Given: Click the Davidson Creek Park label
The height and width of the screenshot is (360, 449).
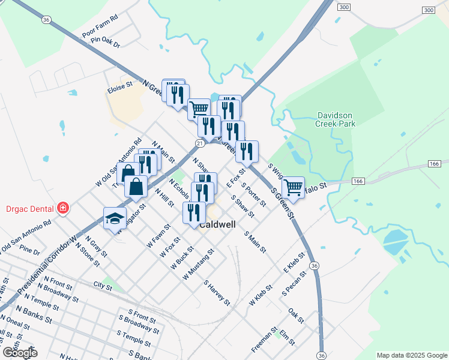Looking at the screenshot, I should coord(336,119).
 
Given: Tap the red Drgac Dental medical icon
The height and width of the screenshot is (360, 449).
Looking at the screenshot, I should coord(62,208).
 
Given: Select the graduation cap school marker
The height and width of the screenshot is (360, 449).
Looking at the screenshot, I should coord(113,220).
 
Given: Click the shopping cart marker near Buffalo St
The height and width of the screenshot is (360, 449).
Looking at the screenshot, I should coord(293,187).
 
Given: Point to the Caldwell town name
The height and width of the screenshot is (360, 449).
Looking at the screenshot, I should coord(217,226).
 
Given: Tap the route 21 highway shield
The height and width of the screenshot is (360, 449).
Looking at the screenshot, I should coord(200,143).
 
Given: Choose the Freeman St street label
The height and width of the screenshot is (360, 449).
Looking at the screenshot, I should coord(265,339).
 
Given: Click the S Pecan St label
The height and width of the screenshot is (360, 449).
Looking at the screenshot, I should coord(294,283).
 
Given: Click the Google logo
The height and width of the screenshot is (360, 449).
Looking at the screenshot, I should coord(20,352).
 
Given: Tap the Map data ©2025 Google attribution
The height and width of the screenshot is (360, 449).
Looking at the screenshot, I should coord(411,355).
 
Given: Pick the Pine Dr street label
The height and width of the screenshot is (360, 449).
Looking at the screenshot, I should coord(29,249).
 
